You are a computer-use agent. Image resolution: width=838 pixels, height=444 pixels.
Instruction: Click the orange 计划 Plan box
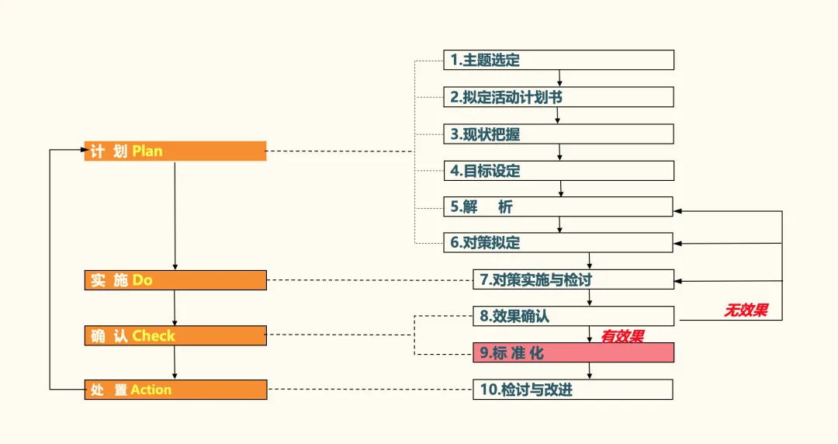point(175,151)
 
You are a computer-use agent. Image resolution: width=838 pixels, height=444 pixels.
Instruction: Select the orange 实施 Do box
point(175,280)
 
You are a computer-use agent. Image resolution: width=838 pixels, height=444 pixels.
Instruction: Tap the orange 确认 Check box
point(175,336)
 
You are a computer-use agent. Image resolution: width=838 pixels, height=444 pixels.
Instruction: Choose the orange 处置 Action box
point(175,390)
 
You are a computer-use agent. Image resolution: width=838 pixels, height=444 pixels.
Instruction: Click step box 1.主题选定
point(559,61)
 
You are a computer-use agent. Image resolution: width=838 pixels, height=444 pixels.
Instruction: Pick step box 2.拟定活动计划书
point(559,97)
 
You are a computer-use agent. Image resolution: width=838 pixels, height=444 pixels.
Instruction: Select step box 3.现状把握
point(559,134)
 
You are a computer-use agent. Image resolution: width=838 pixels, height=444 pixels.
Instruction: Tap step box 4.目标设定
point(559,171)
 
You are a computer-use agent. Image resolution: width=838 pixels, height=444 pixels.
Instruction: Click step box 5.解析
point(559,207)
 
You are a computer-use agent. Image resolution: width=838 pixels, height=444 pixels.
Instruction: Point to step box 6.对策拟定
point(559,243)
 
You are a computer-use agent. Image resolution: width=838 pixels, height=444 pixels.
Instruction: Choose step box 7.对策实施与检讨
point(573,279)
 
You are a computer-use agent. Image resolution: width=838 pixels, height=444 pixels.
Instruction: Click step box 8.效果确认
point(573,317)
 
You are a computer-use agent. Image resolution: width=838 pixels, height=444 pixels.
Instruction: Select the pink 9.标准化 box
point(573,353)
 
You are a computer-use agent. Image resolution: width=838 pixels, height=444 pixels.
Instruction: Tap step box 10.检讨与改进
point(573,390)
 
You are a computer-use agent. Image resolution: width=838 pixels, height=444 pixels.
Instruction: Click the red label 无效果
point(746,310)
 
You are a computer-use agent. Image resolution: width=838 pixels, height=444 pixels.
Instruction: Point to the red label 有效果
point(622,336)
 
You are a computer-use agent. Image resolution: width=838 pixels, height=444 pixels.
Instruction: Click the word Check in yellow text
point(154,336)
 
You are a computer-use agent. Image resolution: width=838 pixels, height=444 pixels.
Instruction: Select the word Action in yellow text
point(151,390)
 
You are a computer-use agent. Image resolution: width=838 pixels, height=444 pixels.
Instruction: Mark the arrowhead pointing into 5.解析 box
point(677,211)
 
